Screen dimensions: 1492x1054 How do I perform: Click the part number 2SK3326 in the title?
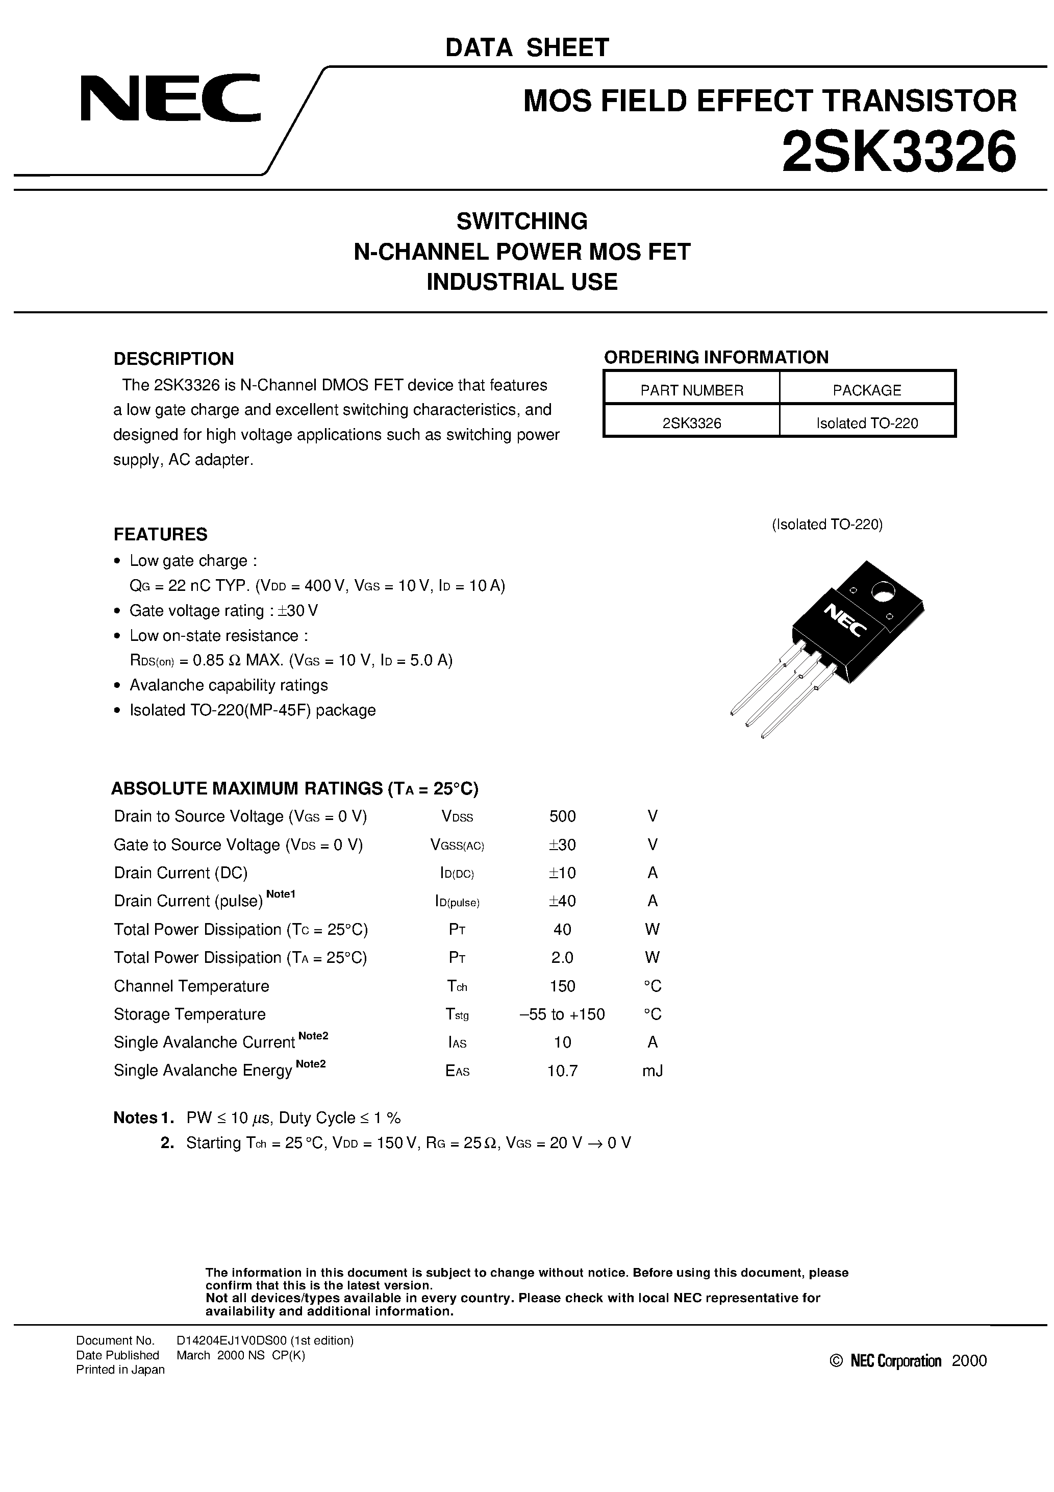(899, 151)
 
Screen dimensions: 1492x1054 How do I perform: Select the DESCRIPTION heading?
(173, 359)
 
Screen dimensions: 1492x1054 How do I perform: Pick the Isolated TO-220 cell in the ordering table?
(867, 423)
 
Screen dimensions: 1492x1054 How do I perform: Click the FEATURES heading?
(161, 534)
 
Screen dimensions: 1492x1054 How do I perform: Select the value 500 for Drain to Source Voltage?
(562, 816)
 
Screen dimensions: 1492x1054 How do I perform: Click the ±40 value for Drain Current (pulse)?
(562, 901)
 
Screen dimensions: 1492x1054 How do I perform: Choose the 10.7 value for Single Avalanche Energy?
(562, 1070)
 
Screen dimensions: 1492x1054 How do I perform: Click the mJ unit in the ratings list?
(653, 1070)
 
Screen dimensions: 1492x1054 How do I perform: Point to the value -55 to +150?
(562, 1014)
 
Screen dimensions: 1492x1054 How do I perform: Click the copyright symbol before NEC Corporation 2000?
(836, 1361)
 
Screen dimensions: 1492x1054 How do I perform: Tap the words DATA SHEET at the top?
(526, 47)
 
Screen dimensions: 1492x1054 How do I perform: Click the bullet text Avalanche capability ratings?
(229, 685)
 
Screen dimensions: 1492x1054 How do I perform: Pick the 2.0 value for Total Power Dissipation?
(562, 957)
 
